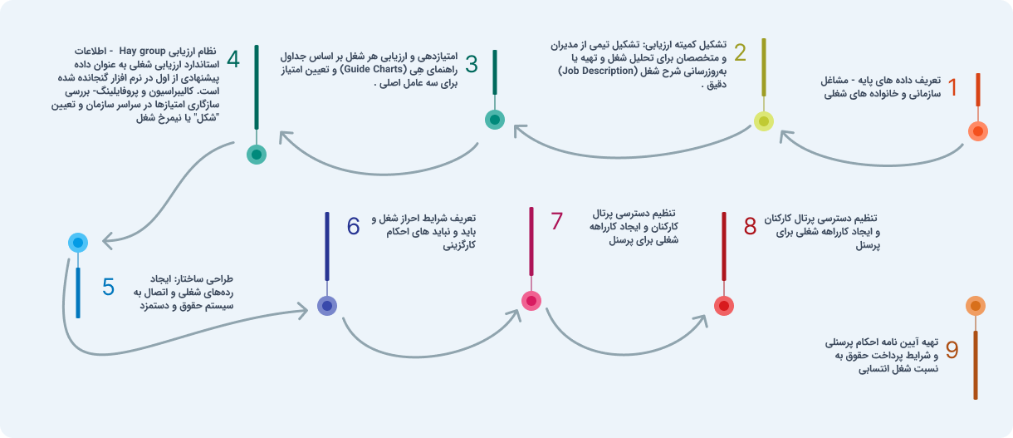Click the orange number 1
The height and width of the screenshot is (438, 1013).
click(x=952, y=86)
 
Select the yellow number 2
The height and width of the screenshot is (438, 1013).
click(x=741, y=54)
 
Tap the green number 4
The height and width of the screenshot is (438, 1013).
click(x=233, y=60)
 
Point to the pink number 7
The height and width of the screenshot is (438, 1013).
click(x=556, y=222)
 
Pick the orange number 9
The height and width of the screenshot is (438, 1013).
click(x=952, y=350)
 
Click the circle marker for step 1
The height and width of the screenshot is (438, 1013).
click(x=978, y=130)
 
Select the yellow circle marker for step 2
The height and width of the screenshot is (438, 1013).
click(x=764, y=121)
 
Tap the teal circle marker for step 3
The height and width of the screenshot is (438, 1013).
click(x=495, y=120)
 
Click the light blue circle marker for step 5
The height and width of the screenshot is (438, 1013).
click(x=78, y=243)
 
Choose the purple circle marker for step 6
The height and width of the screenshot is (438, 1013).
click(x=327, y=306)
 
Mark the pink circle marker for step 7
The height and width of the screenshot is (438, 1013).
click(x=531, y=300)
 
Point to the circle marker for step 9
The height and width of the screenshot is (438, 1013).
click(x=976, y=306)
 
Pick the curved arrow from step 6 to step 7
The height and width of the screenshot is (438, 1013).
click(x=423, y=349)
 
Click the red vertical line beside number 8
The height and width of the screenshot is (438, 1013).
click(x=724, y=245)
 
